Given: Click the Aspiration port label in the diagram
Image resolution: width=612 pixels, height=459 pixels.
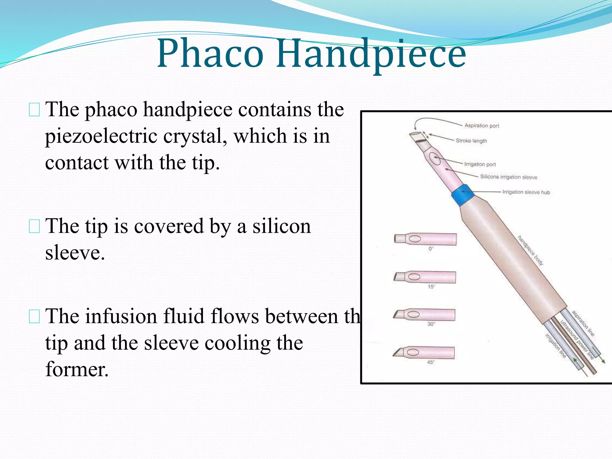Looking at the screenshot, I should pos(481,126).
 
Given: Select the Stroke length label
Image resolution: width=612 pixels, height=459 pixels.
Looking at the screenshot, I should pos(471,141).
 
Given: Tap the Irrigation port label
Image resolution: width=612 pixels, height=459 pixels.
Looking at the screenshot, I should pos(480,164).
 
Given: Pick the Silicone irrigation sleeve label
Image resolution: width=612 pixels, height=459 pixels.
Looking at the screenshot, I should pos(509,177).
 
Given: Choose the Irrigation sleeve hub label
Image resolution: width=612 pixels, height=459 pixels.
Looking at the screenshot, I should pos(526,192).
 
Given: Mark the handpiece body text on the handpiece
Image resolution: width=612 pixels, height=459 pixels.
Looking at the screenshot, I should pos(530,250).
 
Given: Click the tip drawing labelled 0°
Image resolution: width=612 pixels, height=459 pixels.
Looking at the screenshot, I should pos(425,239).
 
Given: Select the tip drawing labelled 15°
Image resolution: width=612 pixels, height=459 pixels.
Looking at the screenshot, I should pos(425,277).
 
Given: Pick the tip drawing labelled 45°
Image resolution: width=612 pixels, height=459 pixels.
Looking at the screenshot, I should pos(424,353).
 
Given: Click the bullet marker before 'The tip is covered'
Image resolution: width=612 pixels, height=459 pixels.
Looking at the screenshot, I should pos(34,227).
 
